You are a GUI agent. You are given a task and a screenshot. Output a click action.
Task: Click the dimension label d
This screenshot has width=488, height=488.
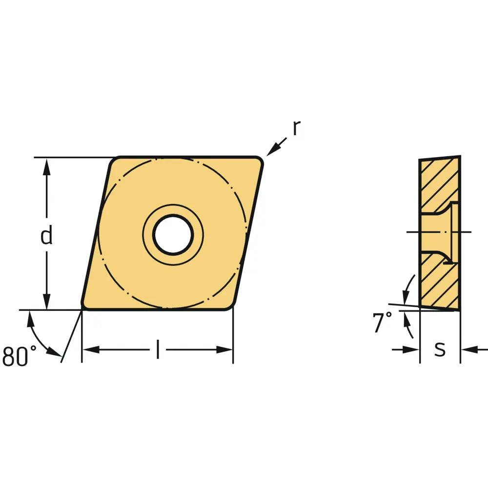47,235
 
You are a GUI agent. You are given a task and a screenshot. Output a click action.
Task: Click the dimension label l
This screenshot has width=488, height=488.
158,349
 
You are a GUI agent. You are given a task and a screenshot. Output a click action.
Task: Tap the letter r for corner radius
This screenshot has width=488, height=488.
297,128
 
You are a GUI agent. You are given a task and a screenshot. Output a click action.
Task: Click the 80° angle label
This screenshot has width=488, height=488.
20,356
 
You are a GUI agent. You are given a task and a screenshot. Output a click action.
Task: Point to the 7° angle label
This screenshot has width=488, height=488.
383,322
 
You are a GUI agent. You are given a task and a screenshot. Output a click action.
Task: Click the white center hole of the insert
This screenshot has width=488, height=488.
173,235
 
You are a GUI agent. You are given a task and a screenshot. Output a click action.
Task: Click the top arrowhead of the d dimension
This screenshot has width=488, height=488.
47,166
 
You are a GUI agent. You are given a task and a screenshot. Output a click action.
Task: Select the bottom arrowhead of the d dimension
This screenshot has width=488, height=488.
47,302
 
